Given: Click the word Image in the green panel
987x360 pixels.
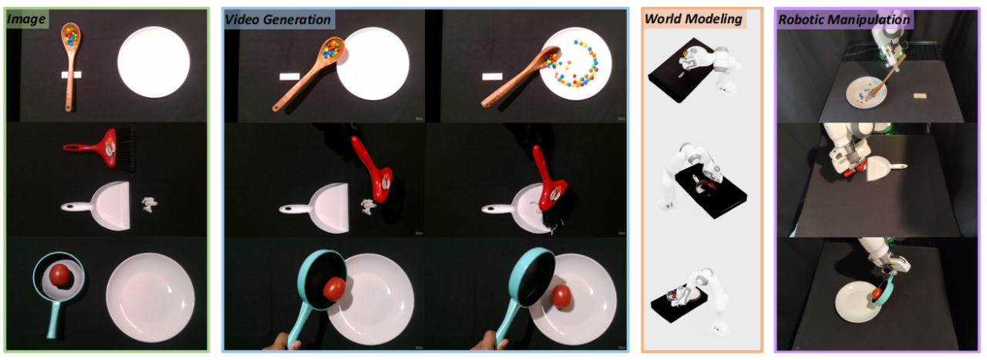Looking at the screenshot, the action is [x=26, y=19].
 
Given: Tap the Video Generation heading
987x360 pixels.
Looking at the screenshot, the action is [x=278, y=20].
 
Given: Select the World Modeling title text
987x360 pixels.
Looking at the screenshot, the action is [x=693, y=19].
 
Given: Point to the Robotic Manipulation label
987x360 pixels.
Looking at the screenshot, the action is [x=844, y=20].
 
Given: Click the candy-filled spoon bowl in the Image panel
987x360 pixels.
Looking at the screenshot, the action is [x=71, y=35].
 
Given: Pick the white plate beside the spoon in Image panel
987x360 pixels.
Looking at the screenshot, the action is [x=153, y=62].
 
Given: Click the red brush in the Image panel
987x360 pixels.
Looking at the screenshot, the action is [x=100, y=148].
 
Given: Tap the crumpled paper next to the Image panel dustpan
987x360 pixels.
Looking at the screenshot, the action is [x=150, y=204].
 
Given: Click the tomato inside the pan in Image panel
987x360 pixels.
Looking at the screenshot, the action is [x=59, y=276].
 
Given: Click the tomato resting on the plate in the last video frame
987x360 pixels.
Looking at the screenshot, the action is [x=561, y=296].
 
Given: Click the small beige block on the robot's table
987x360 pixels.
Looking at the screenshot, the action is [x=920, y=95].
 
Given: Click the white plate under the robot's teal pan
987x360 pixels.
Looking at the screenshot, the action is [x=857, y=303].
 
